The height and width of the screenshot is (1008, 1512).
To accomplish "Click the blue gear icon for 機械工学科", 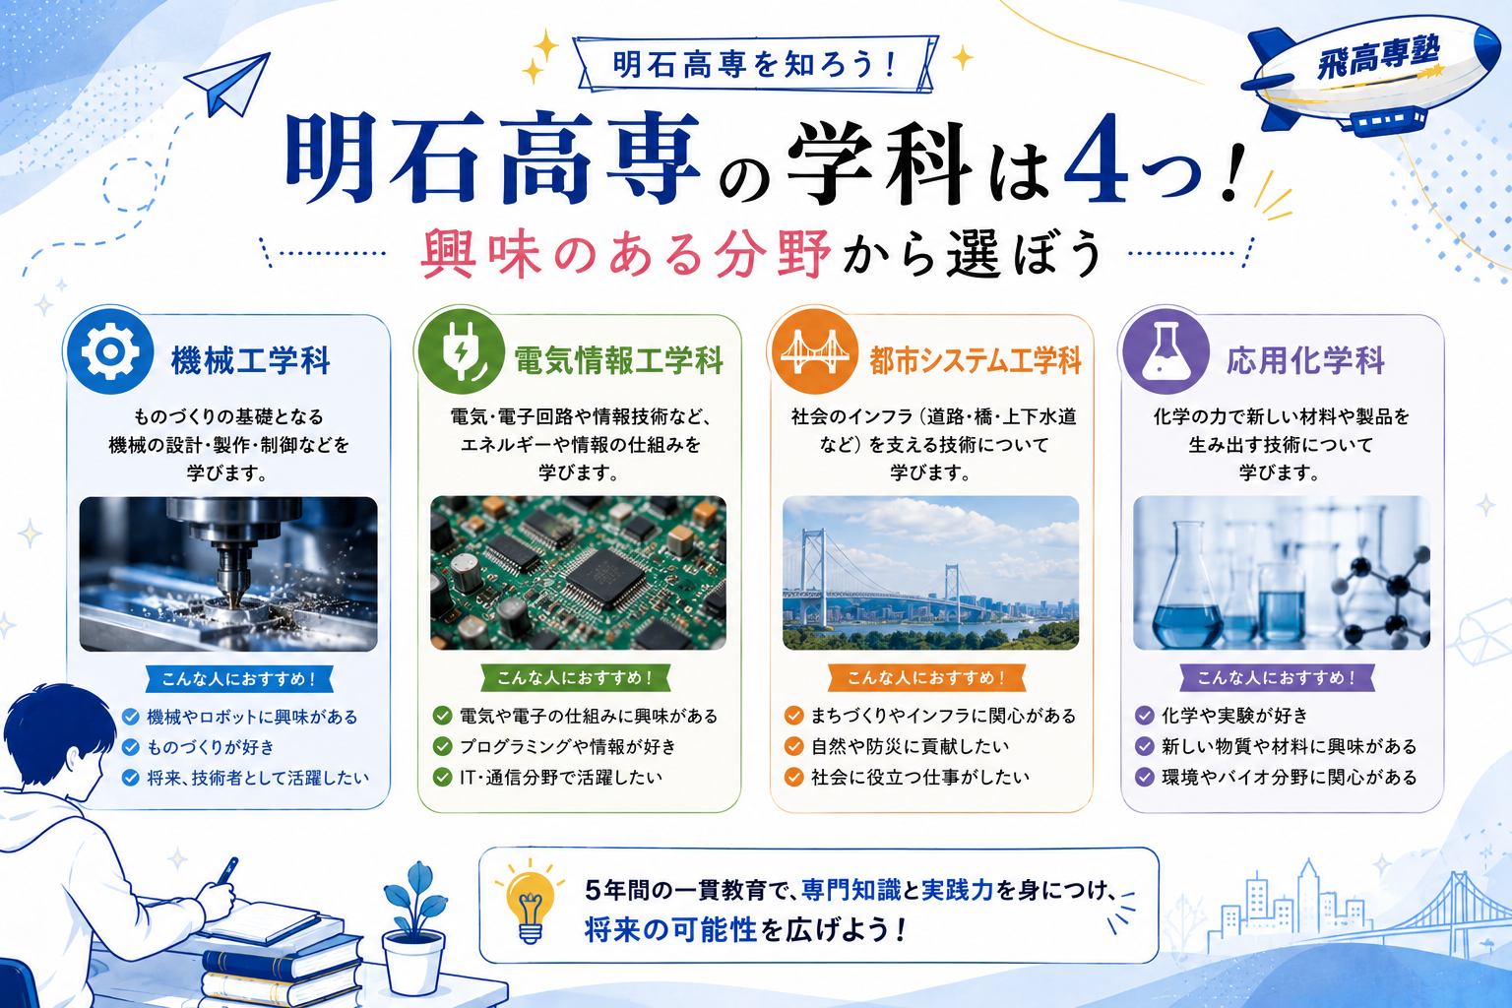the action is click(110, 351).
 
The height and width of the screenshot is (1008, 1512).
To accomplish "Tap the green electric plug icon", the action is click(461, 351).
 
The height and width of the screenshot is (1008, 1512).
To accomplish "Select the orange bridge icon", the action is click(815, 351).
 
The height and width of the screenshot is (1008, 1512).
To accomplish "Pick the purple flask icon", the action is click(1165, 351).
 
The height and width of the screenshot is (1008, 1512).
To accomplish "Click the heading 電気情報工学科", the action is click(619, 360).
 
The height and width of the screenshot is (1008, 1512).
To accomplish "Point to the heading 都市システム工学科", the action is click(976, 360).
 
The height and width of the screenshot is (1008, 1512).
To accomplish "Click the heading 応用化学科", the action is click(1305, 360).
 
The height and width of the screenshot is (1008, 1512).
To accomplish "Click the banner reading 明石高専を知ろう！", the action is click(755, 65).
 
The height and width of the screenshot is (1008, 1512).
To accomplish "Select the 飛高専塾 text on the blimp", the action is click(1378, 57).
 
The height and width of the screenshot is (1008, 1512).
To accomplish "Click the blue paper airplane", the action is click(228, 83).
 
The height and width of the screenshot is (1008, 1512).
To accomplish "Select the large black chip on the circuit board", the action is click(604, 577).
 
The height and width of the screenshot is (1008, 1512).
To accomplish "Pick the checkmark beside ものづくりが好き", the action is click(130, 747).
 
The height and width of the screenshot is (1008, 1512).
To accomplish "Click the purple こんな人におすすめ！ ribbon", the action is click(1277, 678).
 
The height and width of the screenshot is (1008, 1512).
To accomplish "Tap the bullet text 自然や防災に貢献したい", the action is click(910, 747).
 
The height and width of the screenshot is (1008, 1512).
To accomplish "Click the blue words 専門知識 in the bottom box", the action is click(851, 891).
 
